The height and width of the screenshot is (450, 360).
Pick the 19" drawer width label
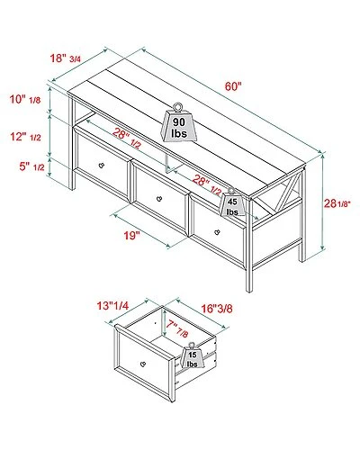pyautogui.click(x=133, y=237)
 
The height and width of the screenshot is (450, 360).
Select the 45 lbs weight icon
pyautogui.click(x=231, y=205)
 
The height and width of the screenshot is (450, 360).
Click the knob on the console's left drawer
pyautogui.click(x=101, y=168)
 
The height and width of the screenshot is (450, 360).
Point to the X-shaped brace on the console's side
pyautogui.click(x=285, y=212)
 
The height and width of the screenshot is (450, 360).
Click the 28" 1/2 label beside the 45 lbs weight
pyautogui.click(x=202, y=183)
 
